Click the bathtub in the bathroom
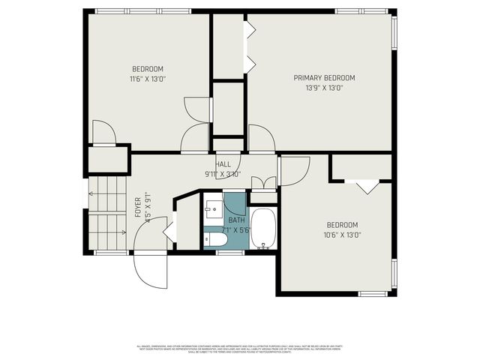click(263, 229)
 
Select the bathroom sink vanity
click(213, 203)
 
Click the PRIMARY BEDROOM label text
click(324, 78)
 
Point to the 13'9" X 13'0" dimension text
click(324, 88)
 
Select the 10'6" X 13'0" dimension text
click(342, 235)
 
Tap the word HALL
click(223, 164)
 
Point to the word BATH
click(237, 220)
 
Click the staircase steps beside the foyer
click(108, 213)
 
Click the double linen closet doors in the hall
click(263, 182)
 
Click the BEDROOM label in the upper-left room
click(148, 68)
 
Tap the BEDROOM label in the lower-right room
click(342, 225)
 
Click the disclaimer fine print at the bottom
click(240, 348)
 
